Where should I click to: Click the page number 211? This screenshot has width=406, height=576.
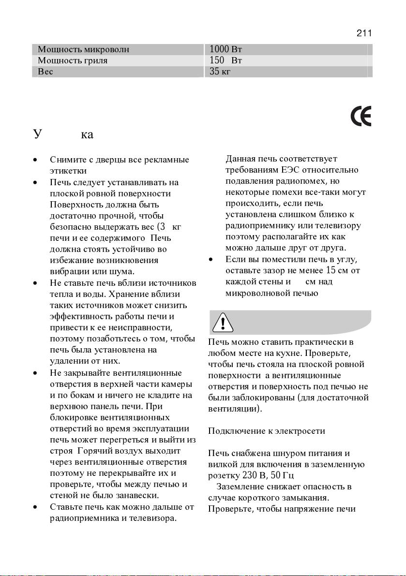(x=363, y=33)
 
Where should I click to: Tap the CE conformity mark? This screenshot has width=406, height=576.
(x=361, y=117)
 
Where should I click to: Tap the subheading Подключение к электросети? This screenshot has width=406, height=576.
(x=266, y=431)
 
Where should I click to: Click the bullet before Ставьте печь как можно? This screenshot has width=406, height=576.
(x=35, y=508)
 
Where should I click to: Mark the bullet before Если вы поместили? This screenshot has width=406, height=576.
(x=211, y=259)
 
